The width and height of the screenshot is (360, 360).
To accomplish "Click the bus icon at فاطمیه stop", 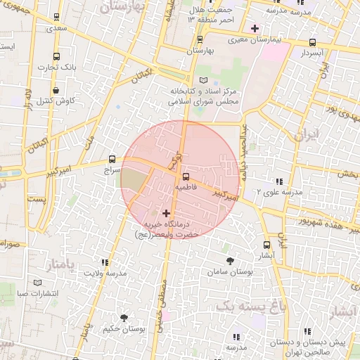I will (x=186, y=176).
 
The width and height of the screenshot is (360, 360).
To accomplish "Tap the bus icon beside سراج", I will (x=112, y=159).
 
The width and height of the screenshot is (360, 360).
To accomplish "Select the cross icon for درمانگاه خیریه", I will (x=167, y=212).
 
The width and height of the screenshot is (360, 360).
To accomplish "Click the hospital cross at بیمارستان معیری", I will (x=255, y=29).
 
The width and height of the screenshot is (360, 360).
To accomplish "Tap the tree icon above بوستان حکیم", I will (x=124, y=318).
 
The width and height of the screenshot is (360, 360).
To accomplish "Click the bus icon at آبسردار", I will (x=312, y=41).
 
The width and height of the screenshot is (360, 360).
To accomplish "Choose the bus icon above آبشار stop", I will (x=266, y=245).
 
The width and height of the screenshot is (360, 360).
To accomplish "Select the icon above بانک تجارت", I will (x=56, y=56).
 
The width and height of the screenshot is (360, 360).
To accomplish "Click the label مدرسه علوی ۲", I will (x=278, y=192).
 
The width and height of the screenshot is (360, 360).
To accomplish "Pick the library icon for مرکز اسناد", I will (x=204, y=80).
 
